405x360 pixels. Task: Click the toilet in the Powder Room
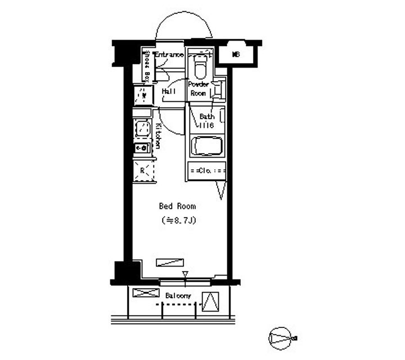(200, 68)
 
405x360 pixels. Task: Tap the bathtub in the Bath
(207, 147)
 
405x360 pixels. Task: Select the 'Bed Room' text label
(177, 206)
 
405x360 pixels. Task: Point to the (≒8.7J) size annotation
(178, 220)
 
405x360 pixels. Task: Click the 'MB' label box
(237, 55)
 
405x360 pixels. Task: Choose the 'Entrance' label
(169, 55)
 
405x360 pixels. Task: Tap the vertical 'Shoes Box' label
(146, 66)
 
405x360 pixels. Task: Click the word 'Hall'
(169, 91)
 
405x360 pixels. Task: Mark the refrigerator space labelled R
(143, 170)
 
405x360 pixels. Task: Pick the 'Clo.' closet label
(206, 170)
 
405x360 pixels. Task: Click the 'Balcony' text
(178, 296)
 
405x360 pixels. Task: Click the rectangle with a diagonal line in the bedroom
(170, 262)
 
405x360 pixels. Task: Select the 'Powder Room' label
(199, 89)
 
